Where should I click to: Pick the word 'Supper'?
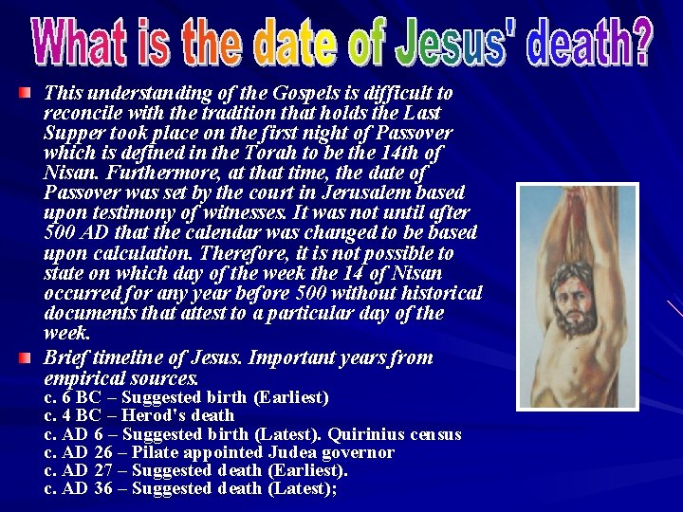tap(73, 133)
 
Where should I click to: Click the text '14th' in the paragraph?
tap(397, 153)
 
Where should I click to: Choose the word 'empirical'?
tap(83, 378)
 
